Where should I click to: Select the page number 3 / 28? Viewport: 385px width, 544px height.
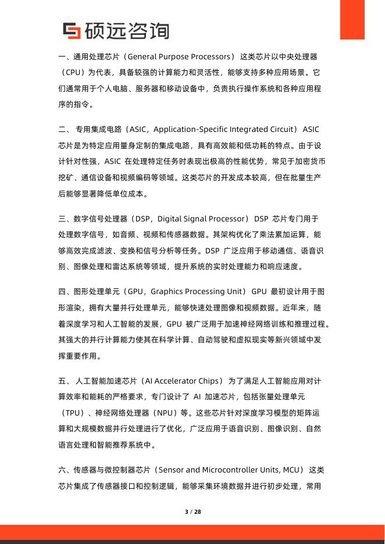pyautogui.click(x=192, y=512)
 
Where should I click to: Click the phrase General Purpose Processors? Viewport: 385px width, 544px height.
pyautogui.click(x=179, y=57)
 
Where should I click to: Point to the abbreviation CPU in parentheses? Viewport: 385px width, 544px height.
pyautogui.click(x=80, y=73)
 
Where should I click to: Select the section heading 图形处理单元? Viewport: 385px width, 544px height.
pyautogui.click(x=94, y=291)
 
